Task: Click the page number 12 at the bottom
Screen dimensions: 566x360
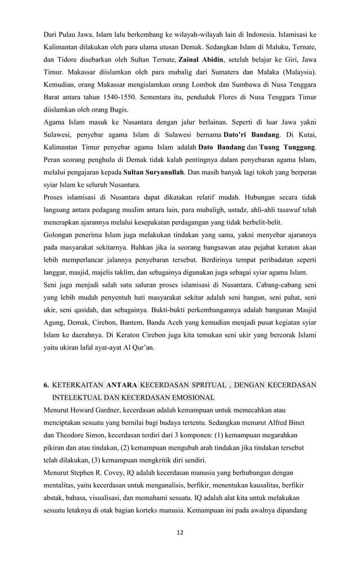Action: coord(180,532)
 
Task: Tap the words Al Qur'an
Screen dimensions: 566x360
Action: coord(143,348)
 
